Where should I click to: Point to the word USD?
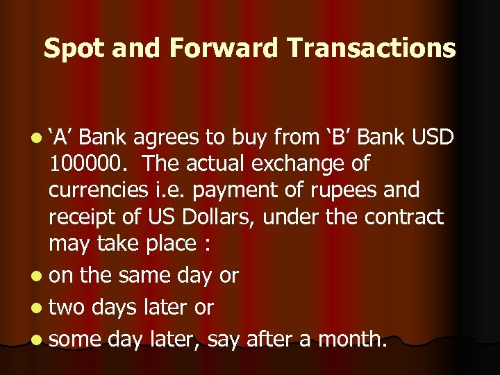431,138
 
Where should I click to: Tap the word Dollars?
208,217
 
